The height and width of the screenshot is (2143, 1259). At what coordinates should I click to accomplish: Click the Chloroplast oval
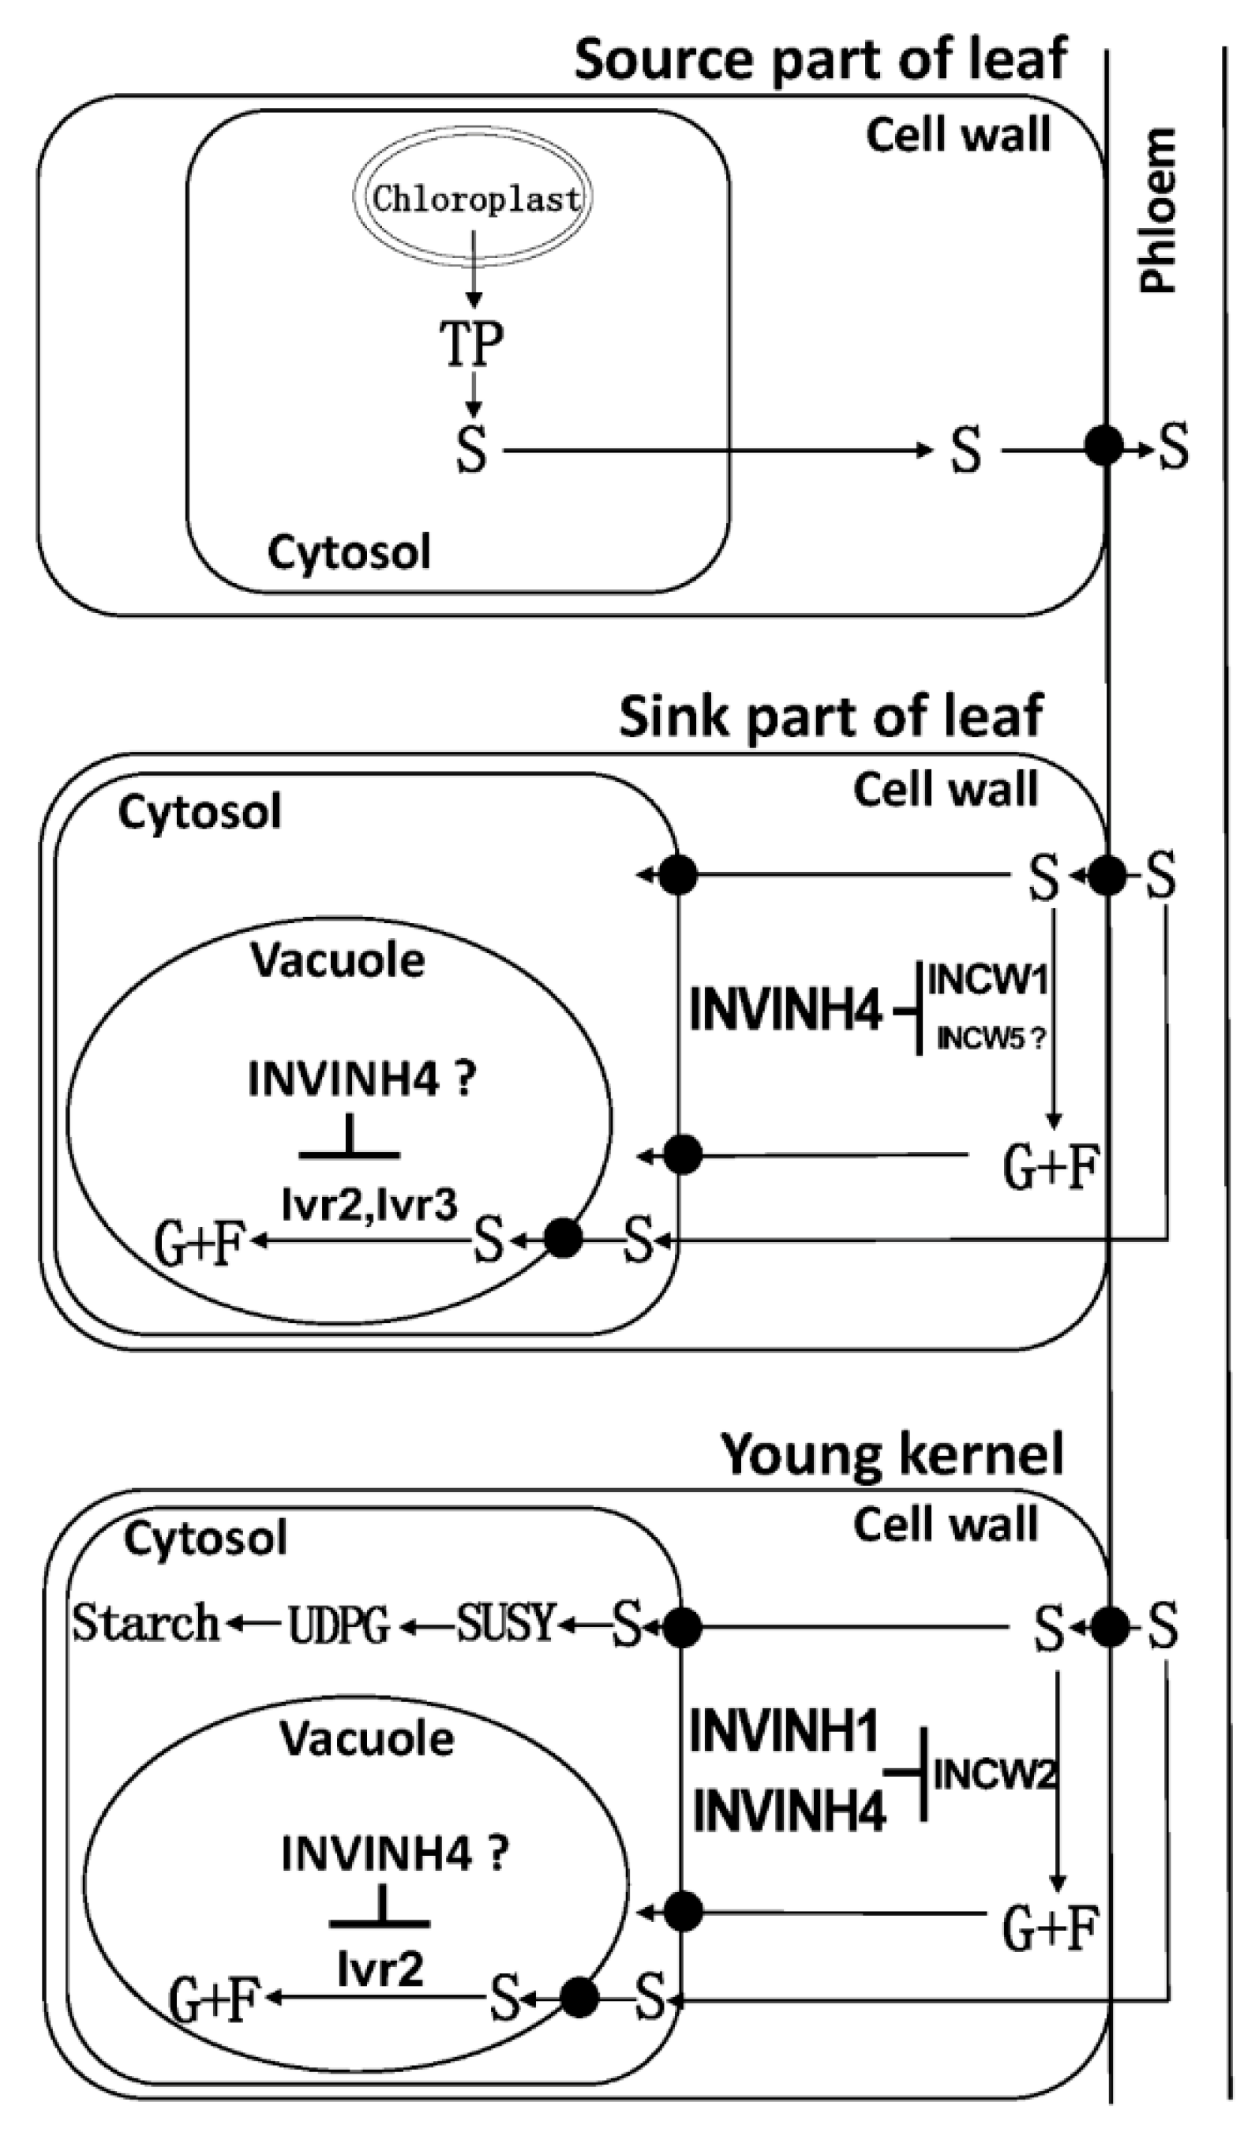pyautogui.click(x=473, y=198)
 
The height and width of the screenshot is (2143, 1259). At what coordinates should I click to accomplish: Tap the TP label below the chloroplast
pyautogui.click(x=471, y=343)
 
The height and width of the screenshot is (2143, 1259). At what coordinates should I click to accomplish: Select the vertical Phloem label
pyautogui.click(x=1158, y=211)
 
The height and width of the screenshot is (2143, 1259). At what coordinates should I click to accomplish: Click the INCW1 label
pyautogui.click(x=987, y=981)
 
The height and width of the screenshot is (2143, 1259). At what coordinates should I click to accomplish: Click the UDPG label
pyautogui.click(x=339, y=1626)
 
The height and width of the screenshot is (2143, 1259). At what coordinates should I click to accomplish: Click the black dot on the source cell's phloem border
pyautogui.click(x=1105, y=445)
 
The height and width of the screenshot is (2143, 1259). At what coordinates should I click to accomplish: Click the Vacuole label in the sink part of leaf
pyautogui.click(x=338, y=961)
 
